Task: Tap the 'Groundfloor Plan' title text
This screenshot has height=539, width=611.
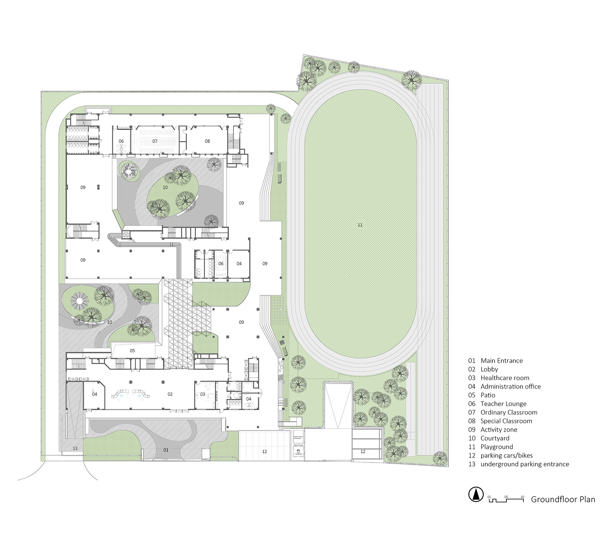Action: pos(563,499)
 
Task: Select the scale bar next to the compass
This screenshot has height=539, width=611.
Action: pos(505,499)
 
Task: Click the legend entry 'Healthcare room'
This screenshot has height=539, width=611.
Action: pos(505,378)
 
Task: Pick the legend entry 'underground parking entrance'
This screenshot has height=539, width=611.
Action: pos(524,464)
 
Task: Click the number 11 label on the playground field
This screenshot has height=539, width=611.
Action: pos(360,225)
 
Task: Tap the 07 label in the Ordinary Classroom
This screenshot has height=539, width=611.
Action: pos(155,141)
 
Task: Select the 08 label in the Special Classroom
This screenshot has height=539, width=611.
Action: pos(207,141)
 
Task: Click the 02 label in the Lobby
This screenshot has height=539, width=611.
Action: pos(170,394)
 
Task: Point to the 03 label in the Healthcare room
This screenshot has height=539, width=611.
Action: pos(203,394)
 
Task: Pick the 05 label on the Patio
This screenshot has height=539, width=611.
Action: pos(132,350)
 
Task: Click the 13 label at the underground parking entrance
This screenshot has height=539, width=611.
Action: pos(75,449)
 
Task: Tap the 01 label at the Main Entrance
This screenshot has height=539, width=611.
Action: pos(166,450)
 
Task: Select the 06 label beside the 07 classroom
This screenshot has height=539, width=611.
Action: pos(121,141)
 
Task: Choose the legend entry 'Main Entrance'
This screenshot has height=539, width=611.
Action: pos(501,361)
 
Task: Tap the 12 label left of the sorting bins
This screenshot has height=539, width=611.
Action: pos(265,451)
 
